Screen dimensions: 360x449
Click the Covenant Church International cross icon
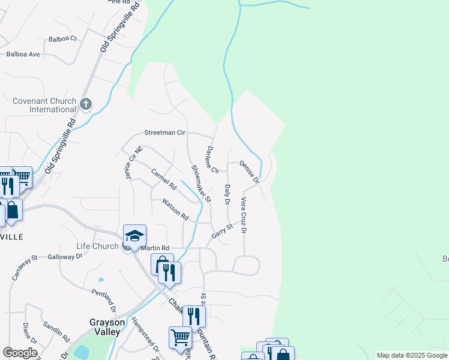[x=85, y=104]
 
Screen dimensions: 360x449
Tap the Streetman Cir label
[x=164, y=133]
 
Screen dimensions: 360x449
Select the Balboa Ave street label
[x=23, y=54]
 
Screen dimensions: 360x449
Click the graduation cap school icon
[x=134, y=236]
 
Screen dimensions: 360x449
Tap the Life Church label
[x=97, y=247]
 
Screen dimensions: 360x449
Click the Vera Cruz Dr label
[x=244, y=214]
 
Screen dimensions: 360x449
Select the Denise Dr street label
[x=249, y=172]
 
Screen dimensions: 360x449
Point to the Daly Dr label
[x=228, y=194]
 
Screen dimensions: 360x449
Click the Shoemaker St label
[x=201, y=182]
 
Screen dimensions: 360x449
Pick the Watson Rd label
[x=175, y=209]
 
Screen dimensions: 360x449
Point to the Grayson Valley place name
[x=107, y=326]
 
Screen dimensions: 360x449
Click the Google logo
[x=20, y=353]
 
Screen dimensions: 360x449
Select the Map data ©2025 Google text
[x=411, y=355]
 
